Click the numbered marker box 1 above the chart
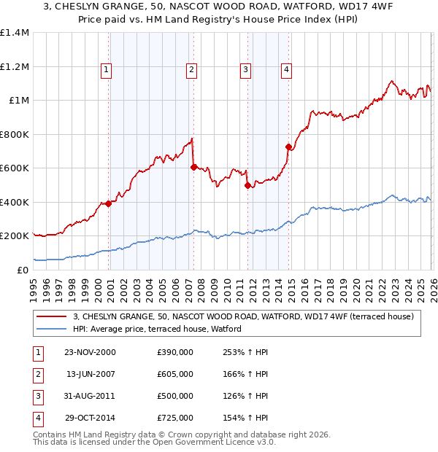tap(106, 70)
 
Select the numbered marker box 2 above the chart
tap(191, 70)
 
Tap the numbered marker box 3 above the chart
tap(245, 70)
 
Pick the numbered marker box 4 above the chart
tap(286, 70)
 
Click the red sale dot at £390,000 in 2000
tap(109, 203)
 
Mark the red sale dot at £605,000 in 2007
tap(193, 167)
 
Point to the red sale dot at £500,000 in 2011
tap(247, 185)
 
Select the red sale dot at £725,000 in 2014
tap(288, 147)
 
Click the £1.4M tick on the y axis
tap(15, 33)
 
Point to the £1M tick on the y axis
tap(18, 101)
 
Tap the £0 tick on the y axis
tap(23, 270)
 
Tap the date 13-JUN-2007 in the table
tap(90, 374)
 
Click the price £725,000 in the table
tap(174, 418)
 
